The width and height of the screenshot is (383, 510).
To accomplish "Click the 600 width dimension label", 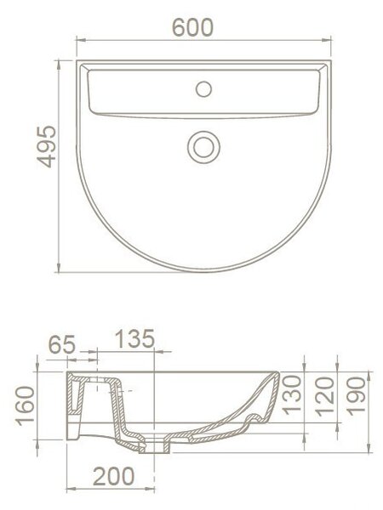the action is [x=192, y=28].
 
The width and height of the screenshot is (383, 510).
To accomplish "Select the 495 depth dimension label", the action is [x=46, y=147].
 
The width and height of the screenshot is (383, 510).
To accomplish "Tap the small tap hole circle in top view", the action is [x=204, y=89].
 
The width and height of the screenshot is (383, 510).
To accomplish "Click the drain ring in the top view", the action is [x=204, y=147].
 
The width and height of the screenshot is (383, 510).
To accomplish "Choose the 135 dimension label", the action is [x=134, y=338].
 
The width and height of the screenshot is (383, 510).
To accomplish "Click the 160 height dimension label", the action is [x=26, y=405].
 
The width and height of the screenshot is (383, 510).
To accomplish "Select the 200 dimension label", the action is [x=113, y=476].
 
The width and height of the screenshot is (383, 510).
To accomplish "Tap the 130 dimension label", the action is [x=291, y=395].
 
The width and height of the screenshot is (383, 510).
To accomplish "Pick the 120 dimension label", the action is [x=325, y=396].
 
